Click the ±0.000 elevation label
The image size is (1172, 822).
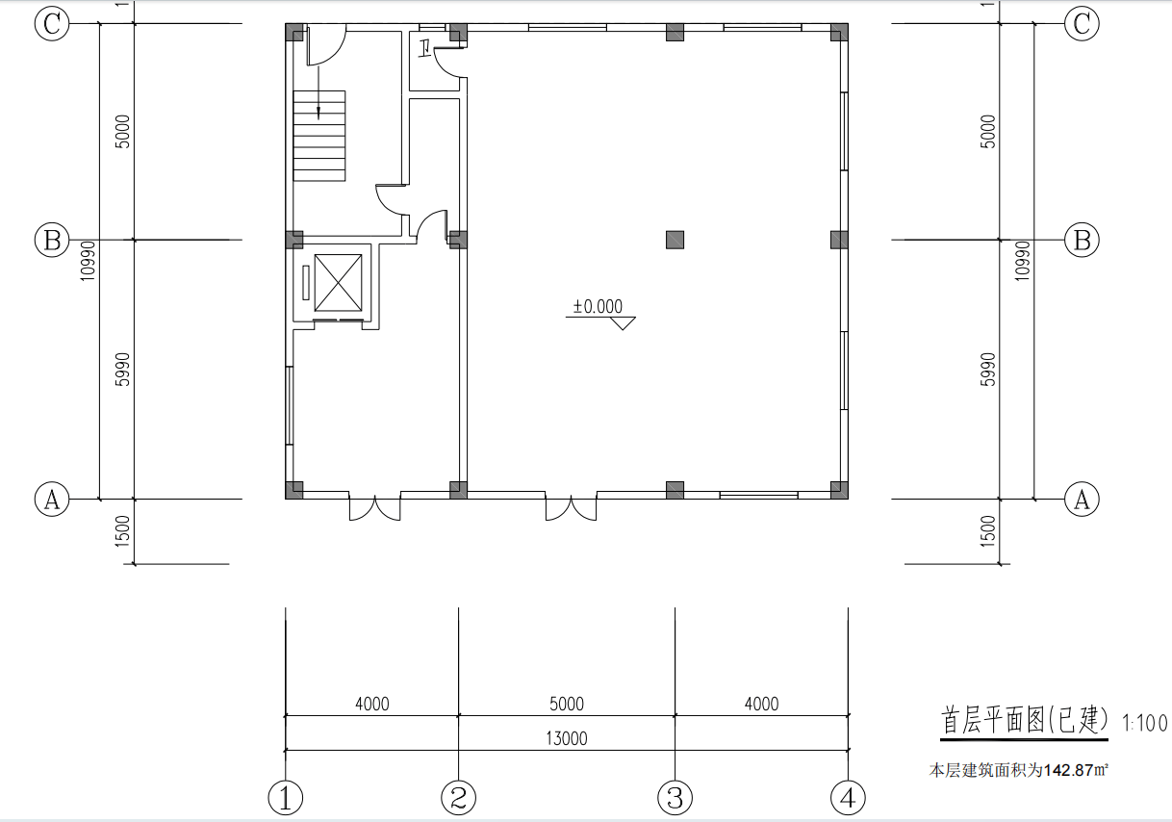(x=598, y=306)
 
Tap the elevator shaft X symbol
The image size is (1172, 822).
(x=338, y=283)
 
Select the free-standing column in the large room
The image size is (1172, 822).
(x=675, y=241)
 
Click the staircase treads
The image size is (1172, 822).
(x=319, y=136)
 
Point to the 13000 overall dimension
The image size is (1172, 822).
(x=567, y=738)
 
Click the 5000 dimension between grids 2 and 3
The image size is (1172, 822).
(x=567, y=704)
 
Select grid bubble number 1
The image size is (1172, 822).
(x=285, y=798)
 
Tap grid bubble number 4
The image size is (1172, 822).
(x=848, y=798)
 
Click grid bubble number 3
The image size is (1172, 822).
(x=675, y=798)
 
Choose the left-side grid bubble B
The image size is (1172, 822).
(x=52, y=241)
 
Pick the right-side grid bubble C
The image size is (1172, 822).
(x=1082, y=23)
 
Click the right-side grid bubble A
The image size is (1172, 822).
(x=1082, y=500)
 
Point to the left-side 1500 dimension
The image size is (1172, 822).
(x=122, y=531)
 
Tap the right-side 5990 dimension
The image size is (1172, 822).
(x=988, y=370)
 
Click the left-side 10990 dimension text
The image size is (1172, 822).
(x=88, y=261)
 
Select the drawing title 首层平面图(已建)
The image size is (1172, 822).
(x=1025, y=720)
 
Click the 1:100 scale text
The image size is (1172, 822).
(x=1145, y=723)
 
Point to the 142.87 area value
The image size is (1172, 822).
(x=1068, y=770)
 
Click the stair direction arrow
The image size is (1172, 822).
(x=318, y=92)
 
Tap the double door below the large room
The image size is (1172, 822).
(x=571, y=506)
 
